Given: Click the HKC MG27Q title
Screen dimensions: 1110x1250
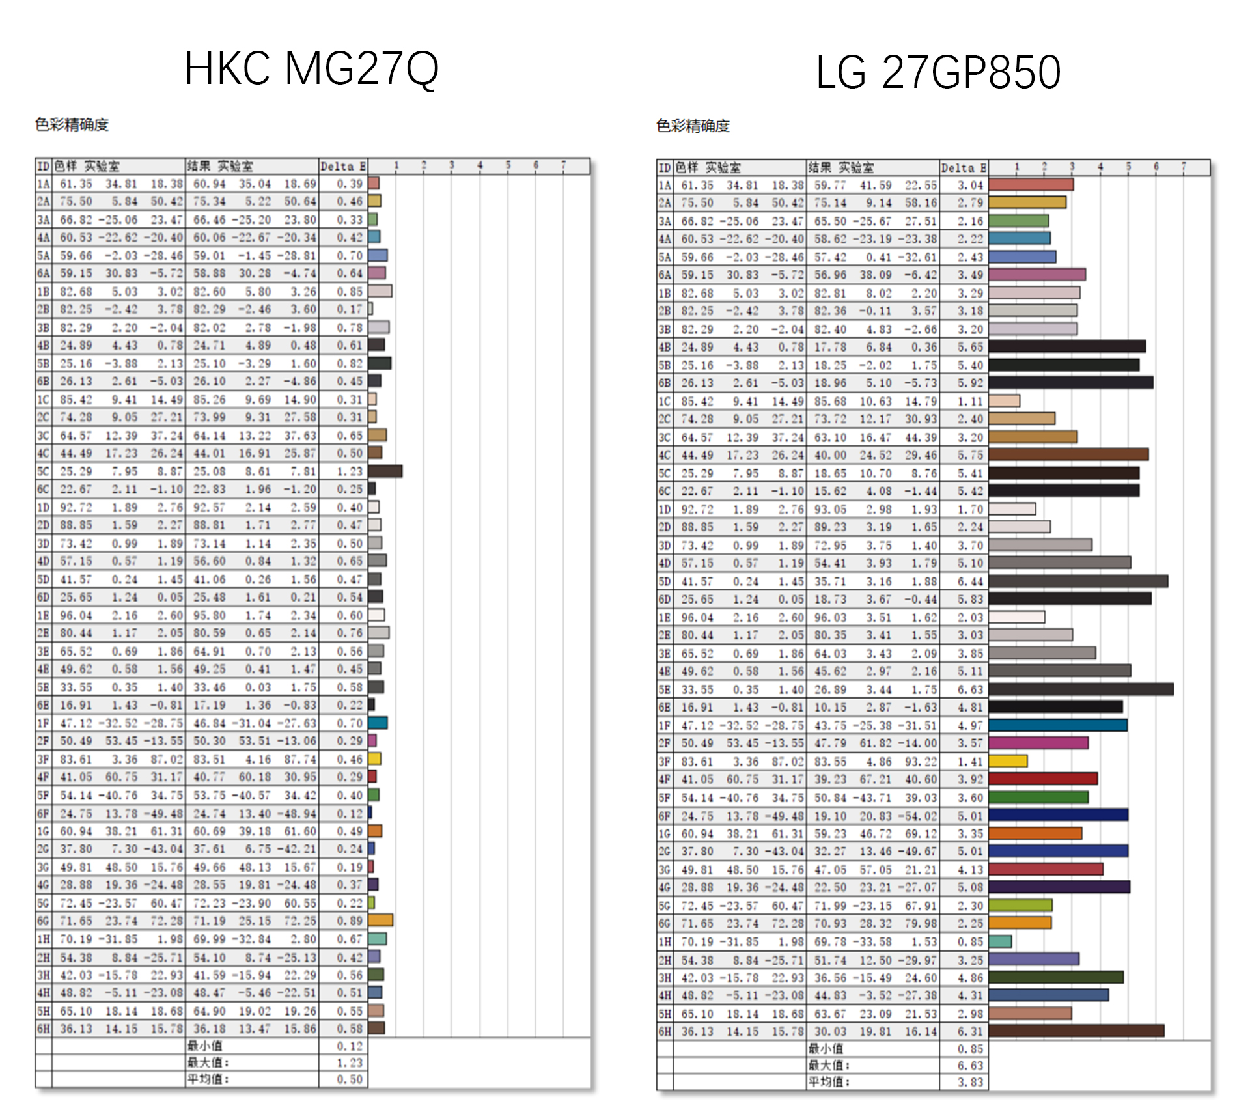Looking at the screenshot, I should (x=311, y=68).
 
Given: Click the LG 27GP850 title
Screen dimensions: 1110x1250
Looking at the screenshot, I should (x=938, y=72).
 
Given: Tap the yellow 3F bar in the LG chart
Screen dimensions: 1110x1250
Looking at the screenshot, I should (x=1008, y=761).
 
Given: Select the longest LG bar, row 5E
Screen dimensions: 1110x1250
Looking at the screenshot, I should (x=1081, y=689).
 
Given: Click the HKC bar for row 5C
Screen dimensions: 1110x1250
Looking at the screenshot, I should (x=385, y=471).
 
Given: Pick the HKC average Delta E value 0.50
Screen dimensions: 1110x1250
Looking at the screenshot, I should (x=350, y=1079).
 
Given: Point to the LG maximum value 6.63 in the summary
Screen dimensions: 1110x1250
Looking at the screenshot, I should (x=970, y=1065).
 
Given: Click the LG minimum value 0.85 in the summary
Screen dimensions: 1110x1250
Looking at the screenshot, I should (x=970, y=1049).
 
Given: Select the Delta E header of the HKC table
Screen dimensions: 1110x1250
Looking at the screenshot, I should (x=342, y=166).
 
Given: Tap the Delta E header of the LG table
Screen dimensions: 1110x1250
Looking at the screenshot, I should (x=964, y=168).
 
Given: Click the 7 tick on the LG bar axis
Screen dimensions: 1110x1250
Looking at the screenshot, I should (x=1184, y=167).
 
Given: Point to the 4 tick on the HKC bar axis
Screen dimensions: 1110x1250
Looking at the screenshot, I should (x=480, y=165).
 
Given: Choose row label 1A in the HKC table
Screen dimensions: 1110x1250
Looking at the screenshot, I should (x=44, y=184).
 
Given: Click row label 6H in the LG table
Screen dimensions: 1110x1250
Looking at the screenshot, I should (x=665, y=1031).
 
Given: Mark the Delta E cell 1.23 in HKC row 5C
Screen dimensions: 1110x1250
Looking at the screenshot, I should (x=350, y=471).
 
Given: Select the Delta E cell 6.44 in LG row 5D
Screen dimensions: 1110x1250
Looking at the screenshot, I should (x=970, y=581).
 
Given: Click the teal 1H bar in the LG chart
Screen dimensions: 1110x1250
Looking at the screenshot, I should (x=1000, y=941).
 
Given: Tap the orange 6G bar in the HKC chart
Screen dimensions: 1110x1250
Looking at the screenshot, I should (x=380, y=920).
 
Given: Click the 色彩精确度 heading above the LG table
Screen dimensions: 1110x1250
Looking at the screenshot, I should (x=693, y=126).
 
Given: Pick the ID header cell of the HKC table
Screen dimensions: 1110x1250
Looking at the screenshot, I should (x=44, y=166).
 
